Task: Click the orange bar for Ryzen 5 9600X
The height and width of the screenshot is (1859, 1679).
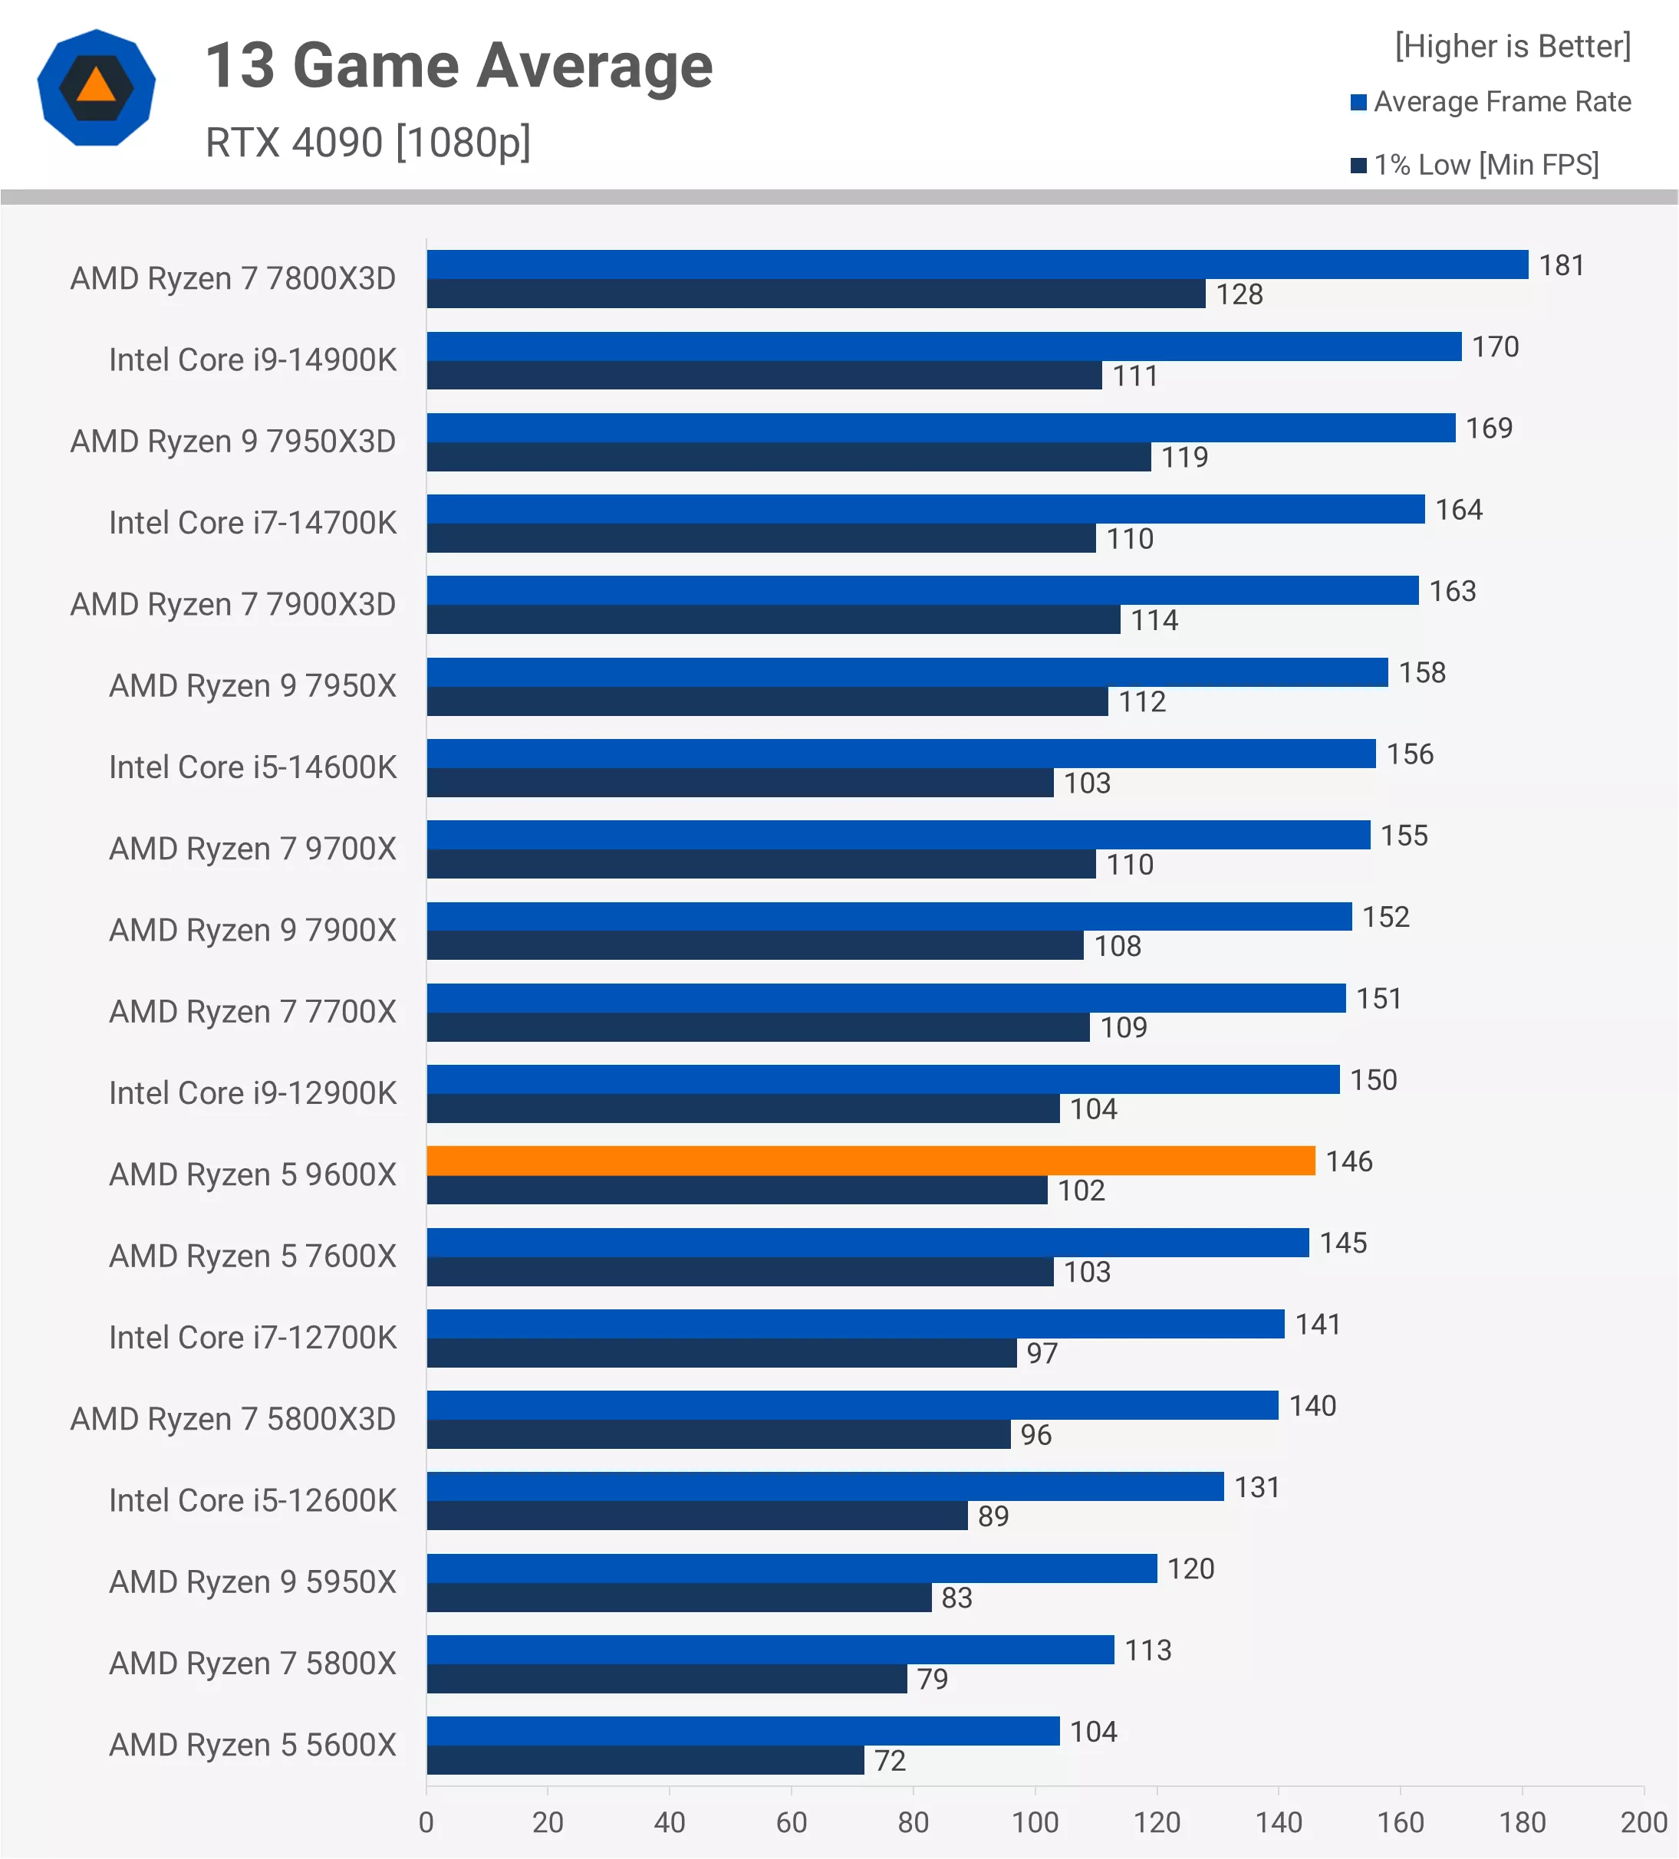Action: click(x=870, y=1161)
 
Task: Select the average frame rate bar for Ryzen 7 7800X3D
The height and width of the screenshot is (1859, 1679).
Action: click(x=977, y=264)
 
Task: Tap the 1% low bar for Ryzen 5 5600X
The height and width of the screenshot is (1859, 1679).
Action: click(x=645, y=1760)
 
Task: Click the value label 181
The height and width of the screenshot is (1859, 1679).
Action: click(x=1561, y=265)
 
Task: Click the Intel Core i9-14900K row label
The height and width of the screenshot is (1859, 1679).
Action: click(x=252, y=360)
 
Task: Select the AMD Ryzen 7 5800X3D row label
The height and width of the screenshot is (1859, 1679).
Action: click(x=232, y=1419)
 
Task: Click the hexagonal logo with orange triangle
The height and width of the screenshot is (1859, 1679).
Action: click(x=96, y=87)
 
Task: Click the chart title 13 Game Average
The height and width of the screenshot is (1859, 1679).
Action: click(x=459, y=67)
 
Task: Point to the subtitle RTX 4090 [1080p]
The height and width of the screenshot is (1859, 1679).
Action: click(x=367, y=143)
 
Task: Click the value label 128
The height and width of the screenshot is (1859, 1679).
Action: click(x=1238, y=295)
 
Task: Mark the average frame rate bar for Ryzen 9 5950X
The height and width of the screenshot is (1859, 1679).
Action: click(x=791, y=1568)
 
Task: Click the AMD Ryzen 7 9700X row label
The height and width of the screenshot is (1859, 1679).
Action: click(x=252, y=849)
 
